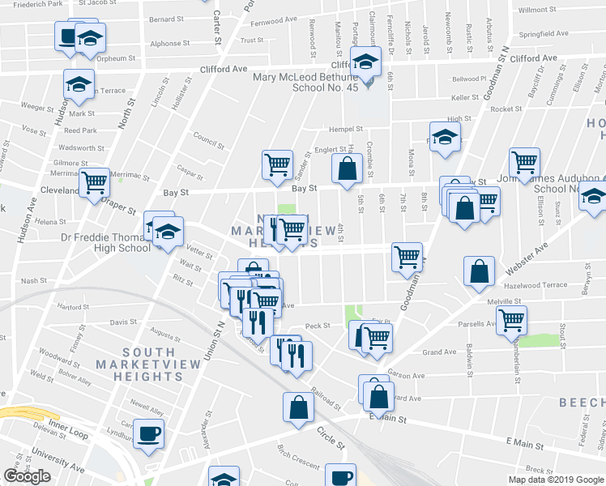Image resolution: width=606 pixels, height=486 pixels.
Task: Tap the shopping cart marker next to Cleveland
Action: point(96,182)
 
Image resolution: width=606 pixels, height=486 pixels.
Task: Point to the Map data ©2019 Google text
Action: point(556,480)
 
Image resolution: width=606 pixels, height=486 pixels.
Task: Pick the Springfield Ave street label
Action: point(544,34)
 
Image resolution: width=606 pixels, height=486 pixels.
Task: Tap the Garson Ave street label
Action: point(407,375)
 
